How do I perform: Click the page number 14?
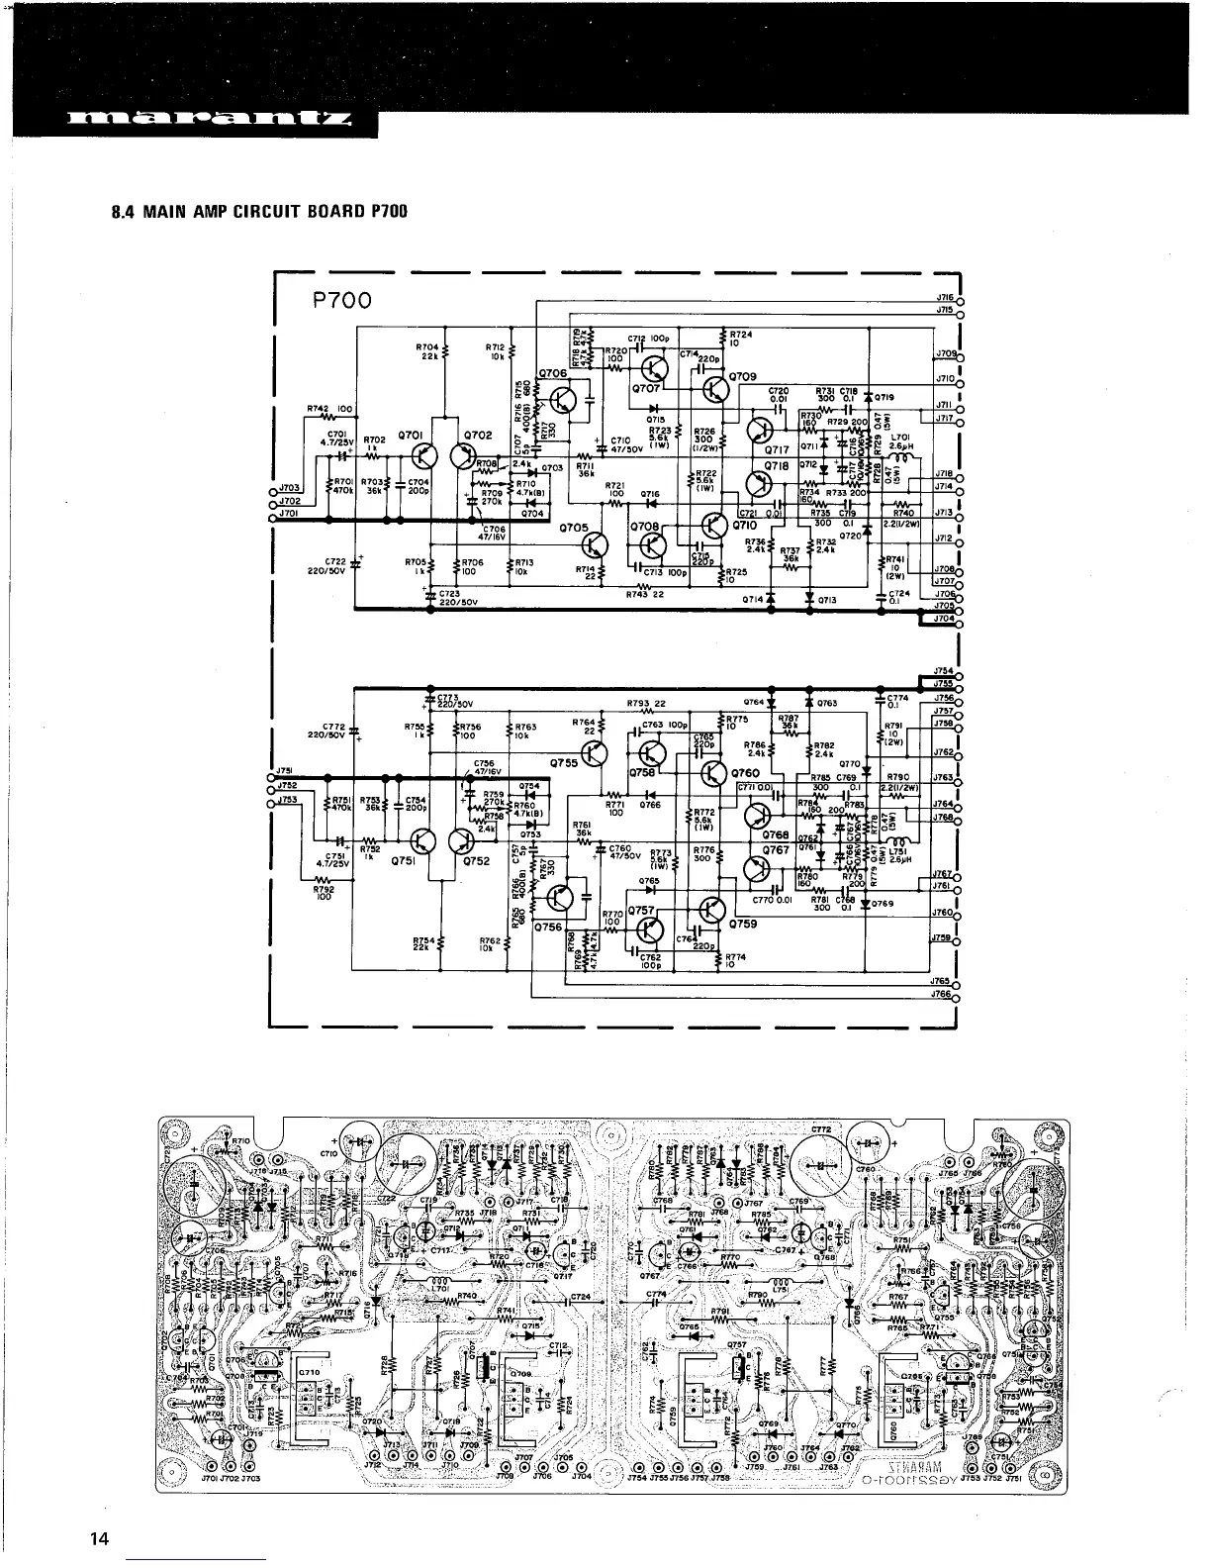pyautogui.click(x=98, y=1538)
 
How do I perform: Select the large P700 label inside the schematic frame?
pyautogui.click(x=337, y=300)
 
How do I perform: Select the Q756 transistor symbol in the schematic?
pyautogui.click(x=561, y=899)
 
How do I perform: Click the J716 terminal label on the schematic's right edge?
pyautogui.click(x=942, y=296)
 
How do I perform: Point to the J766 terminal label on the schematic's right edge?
pyautogui.click(x=942, y=995)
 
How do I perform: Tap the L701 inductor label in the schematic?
pyautogui.click(x=899, y=437)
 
